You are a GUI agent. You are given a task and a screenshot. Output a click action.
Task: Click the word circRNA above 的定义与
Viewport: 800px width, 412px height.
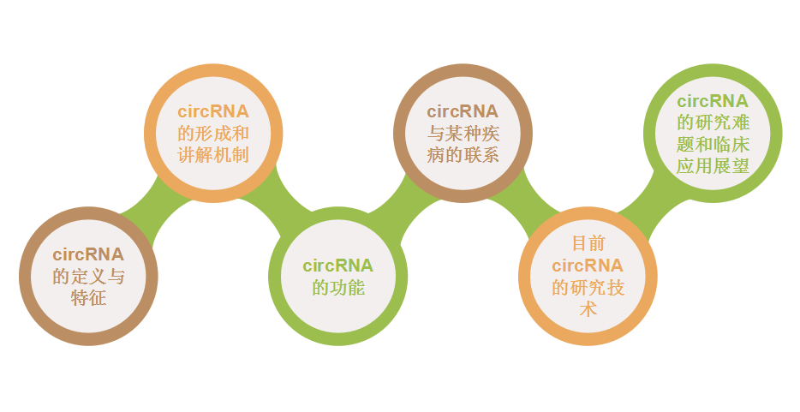pyautogui.click(x=88, y=254)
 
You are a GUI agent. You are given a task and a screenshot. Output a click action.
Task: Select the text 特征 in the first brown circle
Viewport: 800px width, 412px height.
pyautogui.click(x=88, y=299)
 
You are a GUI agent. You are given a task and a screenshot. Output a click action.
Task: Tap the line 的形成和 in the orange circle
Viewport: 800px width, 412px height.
pyautogui.click(x=213, y=134)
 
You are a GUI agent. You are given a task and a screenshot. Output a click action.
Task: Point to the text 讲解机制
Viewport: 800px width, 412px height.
pyautogui.click(x=213, y=155)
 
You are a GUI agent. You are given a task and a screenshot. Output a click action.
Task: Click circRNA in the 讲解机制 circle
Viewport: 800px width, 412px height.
pyautogui.click(x=213, y=111)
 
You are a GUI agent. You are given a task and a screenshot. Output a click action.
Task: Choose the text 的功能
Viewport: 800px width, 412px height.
pyautogui.click(x=338, y=288)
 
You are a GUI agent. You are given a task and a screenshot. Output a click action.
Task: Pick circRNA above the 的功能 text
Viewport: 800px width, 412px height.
pyautogui.click(x=338, y=266)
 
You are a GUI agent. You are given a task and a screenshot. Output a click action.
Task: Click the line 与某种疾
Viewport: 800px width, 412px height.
pyautogui.click(x=463, y=134)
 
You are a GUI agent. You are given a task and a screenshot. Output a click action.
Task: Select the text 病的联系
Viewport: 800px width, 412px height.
pyautogui.click(x=463, y=155)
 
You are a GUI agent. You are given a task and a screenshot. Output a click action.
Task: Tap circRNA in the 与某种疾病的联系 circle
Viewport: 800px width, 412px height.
pyautogui.click(x=463, y=111)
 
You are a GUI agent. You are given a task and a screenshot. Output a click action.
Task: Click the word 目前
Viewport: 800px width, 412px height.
pyautogui.click(x=588, y=243)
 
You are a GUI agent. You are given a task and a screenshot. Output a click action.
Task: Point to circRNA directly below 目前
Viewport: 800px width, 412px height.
pyautogui.click(x=588, y=266)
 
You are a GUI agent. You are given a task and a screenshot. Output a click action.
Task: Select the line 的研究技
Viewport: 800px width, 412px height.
pyautogui.click(x=588, y=288)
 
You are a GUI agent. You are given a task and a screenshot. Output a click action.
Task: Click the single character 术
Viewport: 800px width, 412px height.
pyautogui.click(x=588, y=309)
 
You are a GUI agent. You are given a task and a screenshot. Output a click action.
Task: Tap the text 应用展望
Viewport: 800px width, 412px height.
pyautogui.click(x=713, y=166)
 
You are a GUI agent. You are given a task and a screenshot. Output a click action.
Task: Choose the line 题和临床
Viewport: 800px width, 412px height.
pyautogui.click(x=713, y=145)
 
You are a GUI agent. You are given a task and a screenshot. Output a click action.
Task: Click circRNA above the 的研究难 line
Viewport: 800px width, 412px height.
pyautogui.click(x=713, y=101)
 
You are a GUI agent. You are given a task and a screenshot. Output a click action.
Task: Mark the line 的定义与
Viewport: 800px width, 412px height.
pyautogui.click(x=88, y=277)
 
